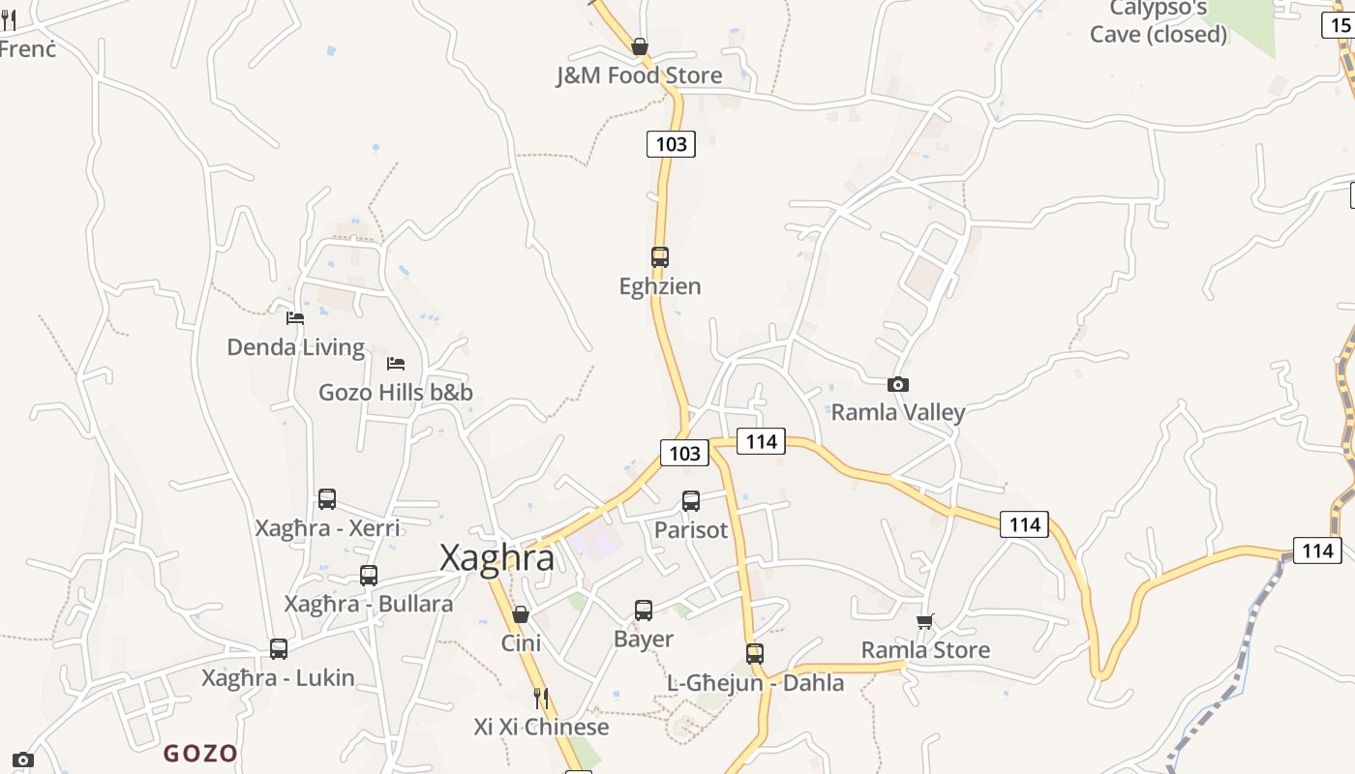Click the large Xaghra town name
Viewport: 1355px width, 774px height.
[497, 558]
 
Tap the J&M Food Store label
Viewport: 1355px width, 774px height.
[639, 75]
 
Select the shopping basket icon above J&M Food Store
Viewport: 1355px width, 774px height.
[639, 45]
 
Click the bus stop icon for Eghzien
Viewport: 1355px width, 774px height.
[660, 257]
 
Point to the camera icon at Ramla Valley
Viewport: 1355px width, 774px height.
[898, 384]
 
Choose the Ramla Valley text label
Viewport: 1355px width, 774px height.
[898, 412]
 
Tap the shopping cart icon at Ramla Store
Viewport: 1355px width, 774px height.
[925, 621]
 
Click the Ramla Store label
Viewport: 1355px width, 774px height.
[925, 649]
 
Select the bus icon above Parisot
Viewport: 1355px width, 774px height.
[691, 501]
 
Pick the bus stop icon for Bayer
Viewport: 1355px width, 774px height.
[644, 610]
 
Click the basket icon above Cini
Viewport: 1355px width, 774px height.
[521, 614]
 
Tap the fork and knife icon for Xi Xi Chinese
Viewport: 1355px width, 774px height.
[541, 698]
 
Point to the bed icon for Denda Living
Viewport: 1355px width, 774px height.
[295, 317]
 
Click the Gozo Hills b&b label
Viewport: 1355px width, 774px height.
[396, 392]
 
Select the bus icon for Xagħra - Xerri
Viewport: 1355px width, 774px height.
[327, 499]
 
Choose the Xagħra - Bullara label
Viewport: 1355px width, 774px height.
[368, 604]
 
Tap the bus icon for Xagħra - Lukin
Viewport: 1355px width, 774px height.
[279, 649]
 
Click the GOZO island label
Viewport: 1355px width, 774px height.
[200, 753]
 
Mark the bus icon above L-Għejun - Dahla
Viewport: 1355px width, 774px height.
[755, 654]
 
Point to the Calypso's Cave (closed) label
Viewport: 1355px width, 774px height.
[1159, 22]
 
